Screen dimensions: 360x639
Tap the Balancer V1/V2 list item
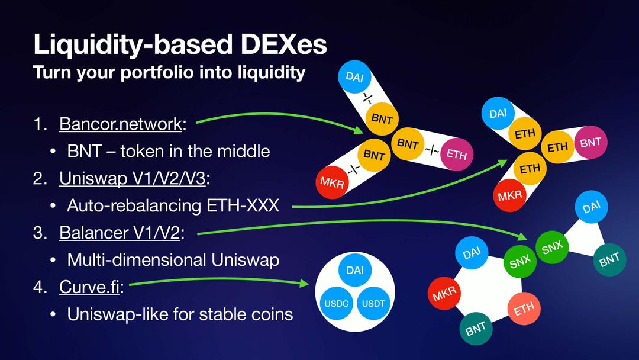(119, 233)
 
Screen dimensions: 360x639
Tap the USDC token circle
(337, 304)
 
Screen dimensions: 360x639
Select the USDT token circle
(373, 304)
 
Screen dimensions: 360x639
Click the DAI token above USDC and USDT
(355, 271)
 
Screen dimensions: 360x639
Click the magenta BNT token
(590, 142)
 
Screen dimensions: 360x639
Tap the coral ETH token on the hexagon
(524, 308)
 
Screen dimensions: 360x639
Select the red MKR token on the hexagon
(444, 294)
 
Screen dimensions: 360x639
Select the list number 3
(39, 233)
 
